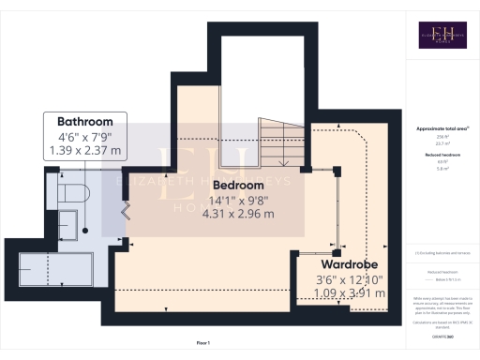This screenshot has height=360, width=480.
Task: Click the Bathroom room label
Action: [85, 122]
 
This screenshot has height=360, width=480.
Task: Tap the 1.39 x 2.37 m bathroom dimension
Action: [85, 149]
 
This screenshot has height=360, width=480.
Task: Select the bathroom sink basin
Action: [67, 225]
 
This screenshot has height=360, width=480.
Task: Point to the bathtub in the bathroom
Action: [52, 270]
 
